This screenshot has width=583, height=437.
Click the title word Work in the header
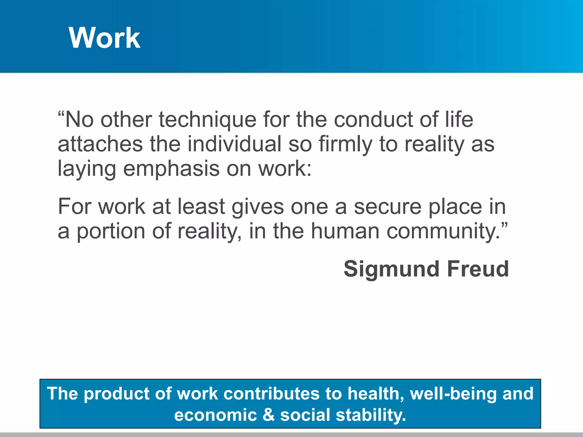pyautogui.click(x=104, y=38)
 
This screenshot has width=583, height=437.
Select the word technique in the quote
pyautogui.click(x=208, y=119)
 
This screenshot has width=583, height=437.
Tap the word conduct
pyautogui.click(x=373, y=119)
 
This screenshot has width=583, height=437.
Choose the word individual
pyautogui.click(x=234, y=144)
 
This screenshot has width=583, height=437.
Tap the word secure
pyautogui.click(x=387, y=207)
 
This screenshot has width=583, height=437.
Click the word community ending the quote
pyautogui.click(x=443, y=232)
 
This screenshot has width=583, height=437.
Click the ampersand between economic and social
pyautogui.click(x=268, y=415)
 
